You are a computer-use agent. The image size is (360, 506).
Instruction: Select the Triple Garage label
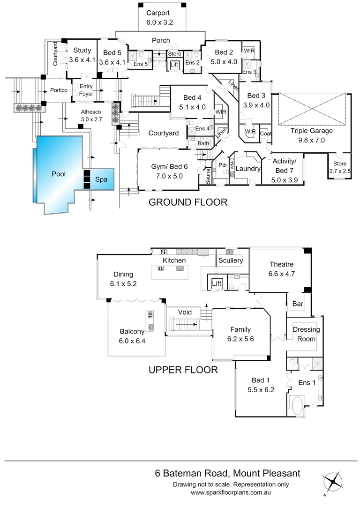coord(311,131)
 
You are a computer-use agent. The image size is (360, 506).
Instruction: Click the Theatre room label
coord(281,264)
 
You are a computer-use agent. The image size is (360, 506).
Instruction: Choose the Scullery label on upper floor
coord(231,260)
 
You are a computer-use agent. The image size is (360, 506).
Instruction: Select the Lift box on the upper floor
coord(217,284)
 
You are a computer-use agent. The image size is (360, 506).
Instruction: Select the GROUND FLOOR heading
coord(187,202)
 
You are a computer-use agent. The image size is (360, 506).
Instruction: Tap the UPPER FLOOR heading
coord(183,370)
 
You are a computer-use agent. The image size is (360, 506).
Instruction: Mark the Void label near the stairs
coord(186,312)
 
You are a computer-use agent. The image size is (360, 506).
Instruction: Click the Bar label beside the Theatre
coord(298,305)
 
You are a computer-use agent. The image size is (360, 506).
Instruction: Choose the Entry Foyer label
coord(86,90)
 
